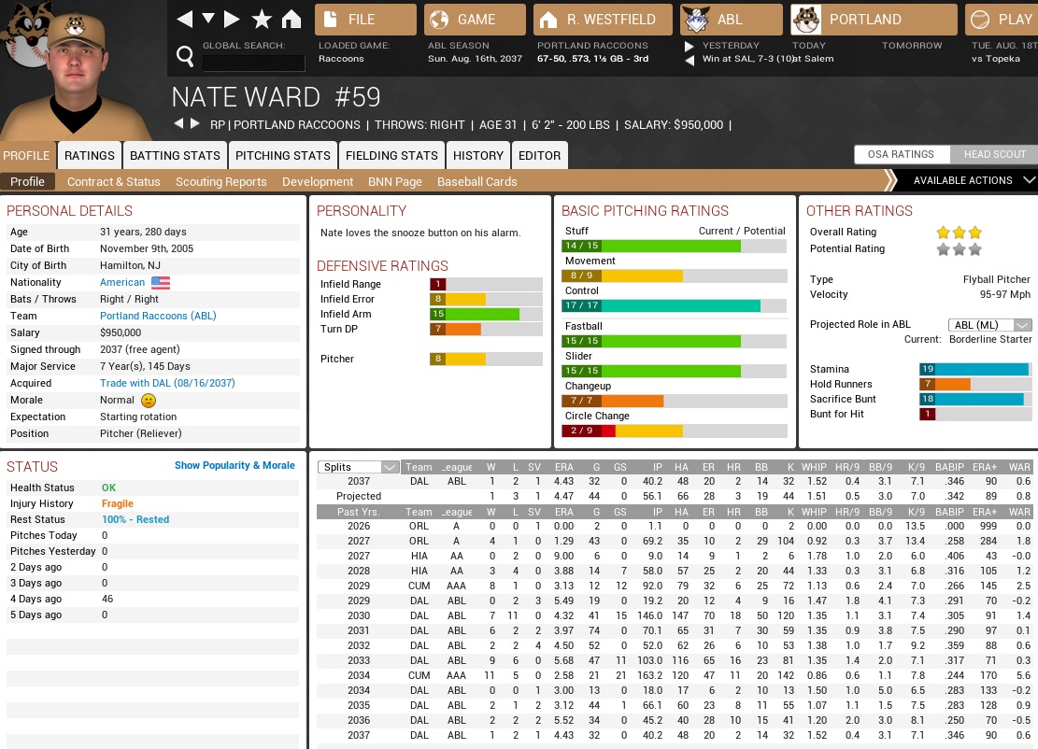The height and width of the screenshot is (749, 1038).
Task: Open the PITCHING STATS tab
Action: pos(282,155)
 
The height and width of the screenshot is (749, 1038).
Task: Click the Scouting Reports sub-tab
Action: pos(220,181)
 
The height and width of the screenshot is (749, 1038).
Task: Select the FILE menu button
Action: pos(365,20)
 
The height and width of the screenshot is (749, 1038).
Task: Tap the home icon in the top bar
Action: pos(291,20)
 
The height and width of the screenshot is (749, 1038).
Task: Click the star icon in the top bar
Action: pos(262,20)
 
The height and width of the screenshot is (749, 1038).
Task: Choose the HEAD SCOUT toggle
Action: pos(994,154)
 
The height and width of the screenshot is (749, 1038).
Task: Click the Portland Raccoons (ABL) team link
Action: pos(158,316)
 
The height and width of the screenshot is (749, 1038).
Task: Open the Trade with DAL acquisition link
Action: pos(167,383)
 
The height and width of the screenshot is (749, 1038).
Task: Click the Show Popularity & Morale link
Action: pos(235,465)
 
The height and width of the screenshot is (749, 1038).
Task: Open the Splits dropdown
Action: pos(359,467)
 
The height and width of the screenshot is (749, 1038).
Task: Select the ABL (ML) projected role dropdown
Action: pos(989,324)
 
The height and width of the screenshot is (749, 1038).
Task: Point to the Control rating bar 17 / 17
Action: pos(673,305)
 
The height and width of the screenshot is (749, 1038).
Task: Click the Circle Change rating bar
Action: pos(673,431)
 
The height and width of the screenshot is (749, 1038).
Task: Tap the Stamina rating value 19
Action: pos(928,369)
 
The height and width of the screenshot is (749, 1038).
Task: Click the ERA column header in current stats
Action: pos(563,467)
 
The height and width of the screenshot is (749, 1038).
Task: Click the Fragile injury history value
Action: pos(118,503)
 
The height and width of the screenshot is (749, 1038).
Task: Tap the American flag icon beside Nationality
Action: pos(161,282)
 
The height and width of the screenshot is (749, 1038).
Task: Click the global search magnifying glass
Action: pos(185,57)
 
